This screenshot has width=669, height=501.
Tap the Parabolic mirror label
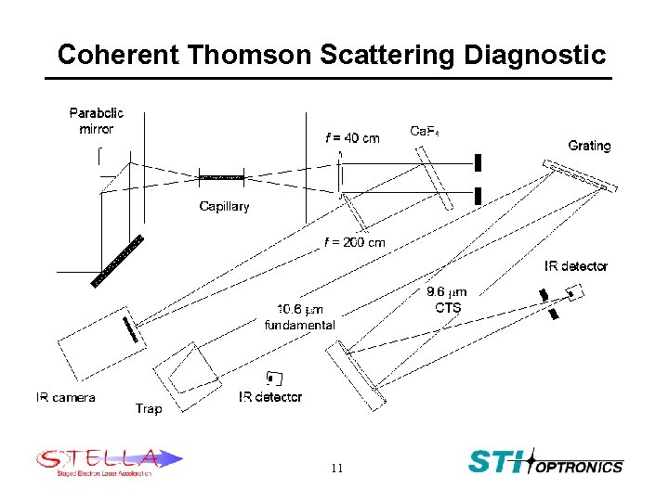click(x=96, y=121)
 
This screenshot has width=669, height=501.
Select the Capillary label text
click(x=224, y=206)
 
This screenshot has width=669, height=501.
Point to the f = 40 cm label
click(x=351, y=138)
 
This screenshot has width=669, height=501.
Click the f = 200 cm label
click(x=354, y=242)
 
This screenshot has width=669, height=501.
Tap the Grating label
click(x=589, y=146)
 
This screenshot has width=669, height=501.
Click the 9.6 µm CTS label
click(x=447, y=300)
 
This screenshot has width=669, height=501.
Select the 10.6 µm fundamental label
click(x=299, y=316)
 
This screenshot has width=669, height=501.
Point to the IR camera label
click(x=65, y=397)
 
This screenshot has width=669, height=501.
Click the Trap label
click(x=149, y=407)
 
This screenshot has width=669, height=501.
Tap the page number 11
click(x=335, y=469)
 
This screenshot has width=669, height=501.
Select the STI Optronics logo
click(x=544, y=462)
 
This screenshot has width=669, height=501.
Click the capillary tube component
click(x=222, y=176)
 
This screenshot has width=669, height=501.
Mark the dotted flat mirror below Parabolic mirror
click(x=120, y=260)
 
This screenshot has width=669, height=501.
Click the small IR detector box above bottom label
click(x=272, y=377)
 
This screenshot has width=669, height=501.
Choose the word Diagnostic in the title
click(x=531, y=55)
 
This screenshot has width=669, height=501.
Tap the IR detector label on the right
click(x=575, y=266)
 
